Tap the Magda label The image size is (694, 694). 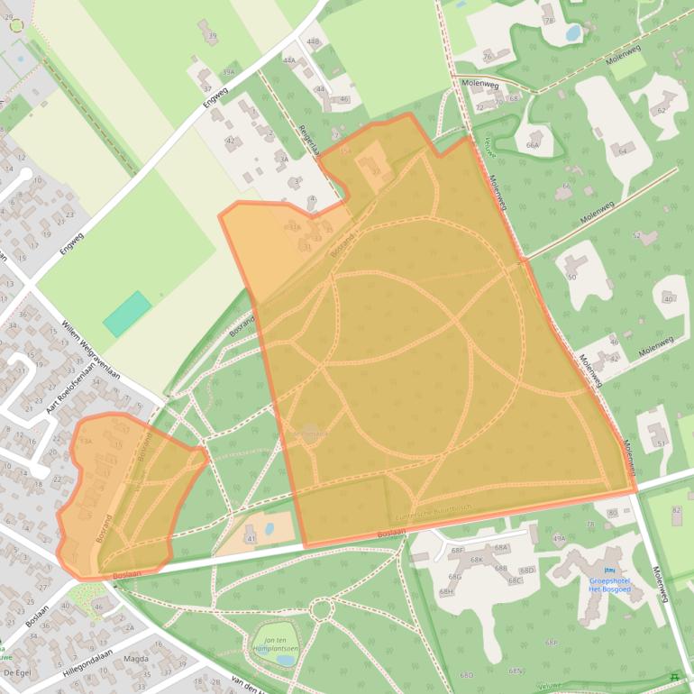(136, 659)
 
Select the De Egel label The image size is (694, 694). (18, 672)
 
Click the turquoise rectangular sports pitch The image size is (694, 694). (127, 313)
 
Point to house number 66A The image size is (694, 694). (533, 144)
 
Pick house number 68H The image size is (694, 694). (446, 592)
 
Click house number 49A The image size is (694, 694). (559, 538)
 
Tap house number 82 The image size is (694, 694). (676, 511)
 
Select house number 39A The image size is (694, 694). (228, 72)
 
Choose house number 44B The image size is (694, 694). (313, 41)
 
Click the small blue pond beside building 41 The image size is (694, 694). (269, 529)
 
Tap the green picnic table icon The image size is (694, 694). (674, 678)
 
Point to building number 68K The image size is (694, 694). (478, 560)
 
